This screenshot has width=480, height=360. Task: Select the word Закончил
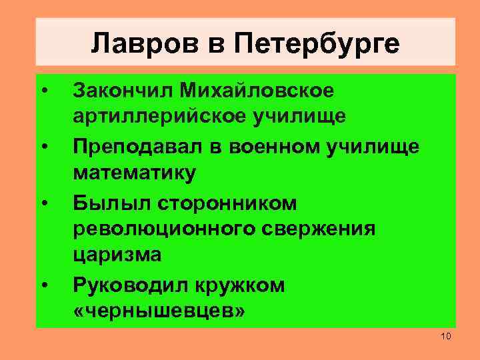123,89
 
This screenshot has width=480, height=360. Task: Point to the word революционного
163,229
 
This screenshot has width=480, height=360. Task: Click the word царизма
117,256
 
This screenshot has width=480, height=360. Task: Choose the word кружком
240,285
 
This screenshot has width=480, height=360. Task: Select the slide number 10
446,335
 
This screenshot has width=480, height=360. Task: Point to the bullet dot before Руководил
43,286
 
